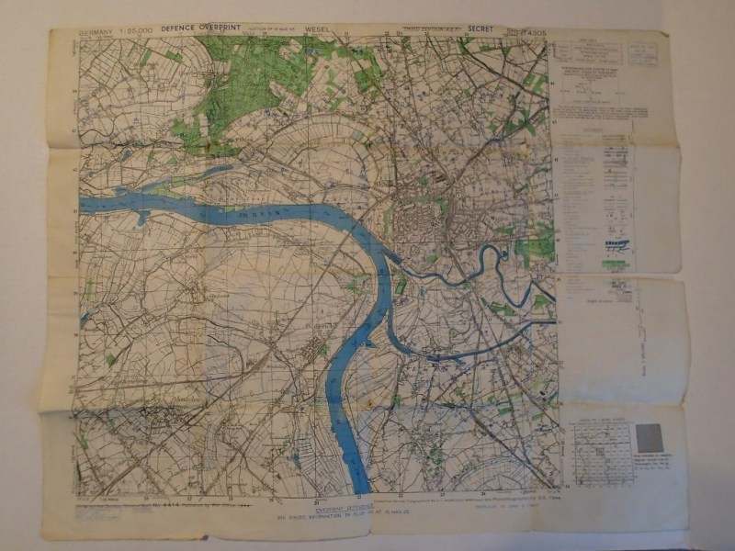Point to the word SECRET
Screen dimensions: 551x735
tap(480, 29)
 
